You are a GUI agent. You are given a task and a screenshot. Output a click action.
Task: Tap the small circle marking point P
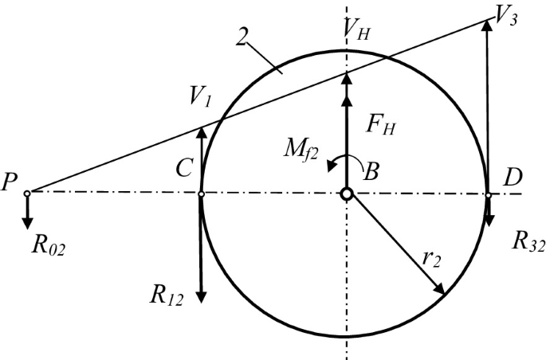pyautogui.click(x=27, y=193)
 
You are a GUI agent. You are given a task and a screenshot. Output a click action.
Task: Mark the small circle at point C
pyautogui.click(x=201, y=193)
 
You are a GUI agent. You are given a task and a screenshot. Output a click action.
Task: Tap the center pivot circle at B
pyautogui.click(x=346, y=194)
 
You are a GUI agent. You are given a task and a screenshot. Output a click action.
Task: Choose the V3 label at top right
pyautogui.click(x=506, y=17)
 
